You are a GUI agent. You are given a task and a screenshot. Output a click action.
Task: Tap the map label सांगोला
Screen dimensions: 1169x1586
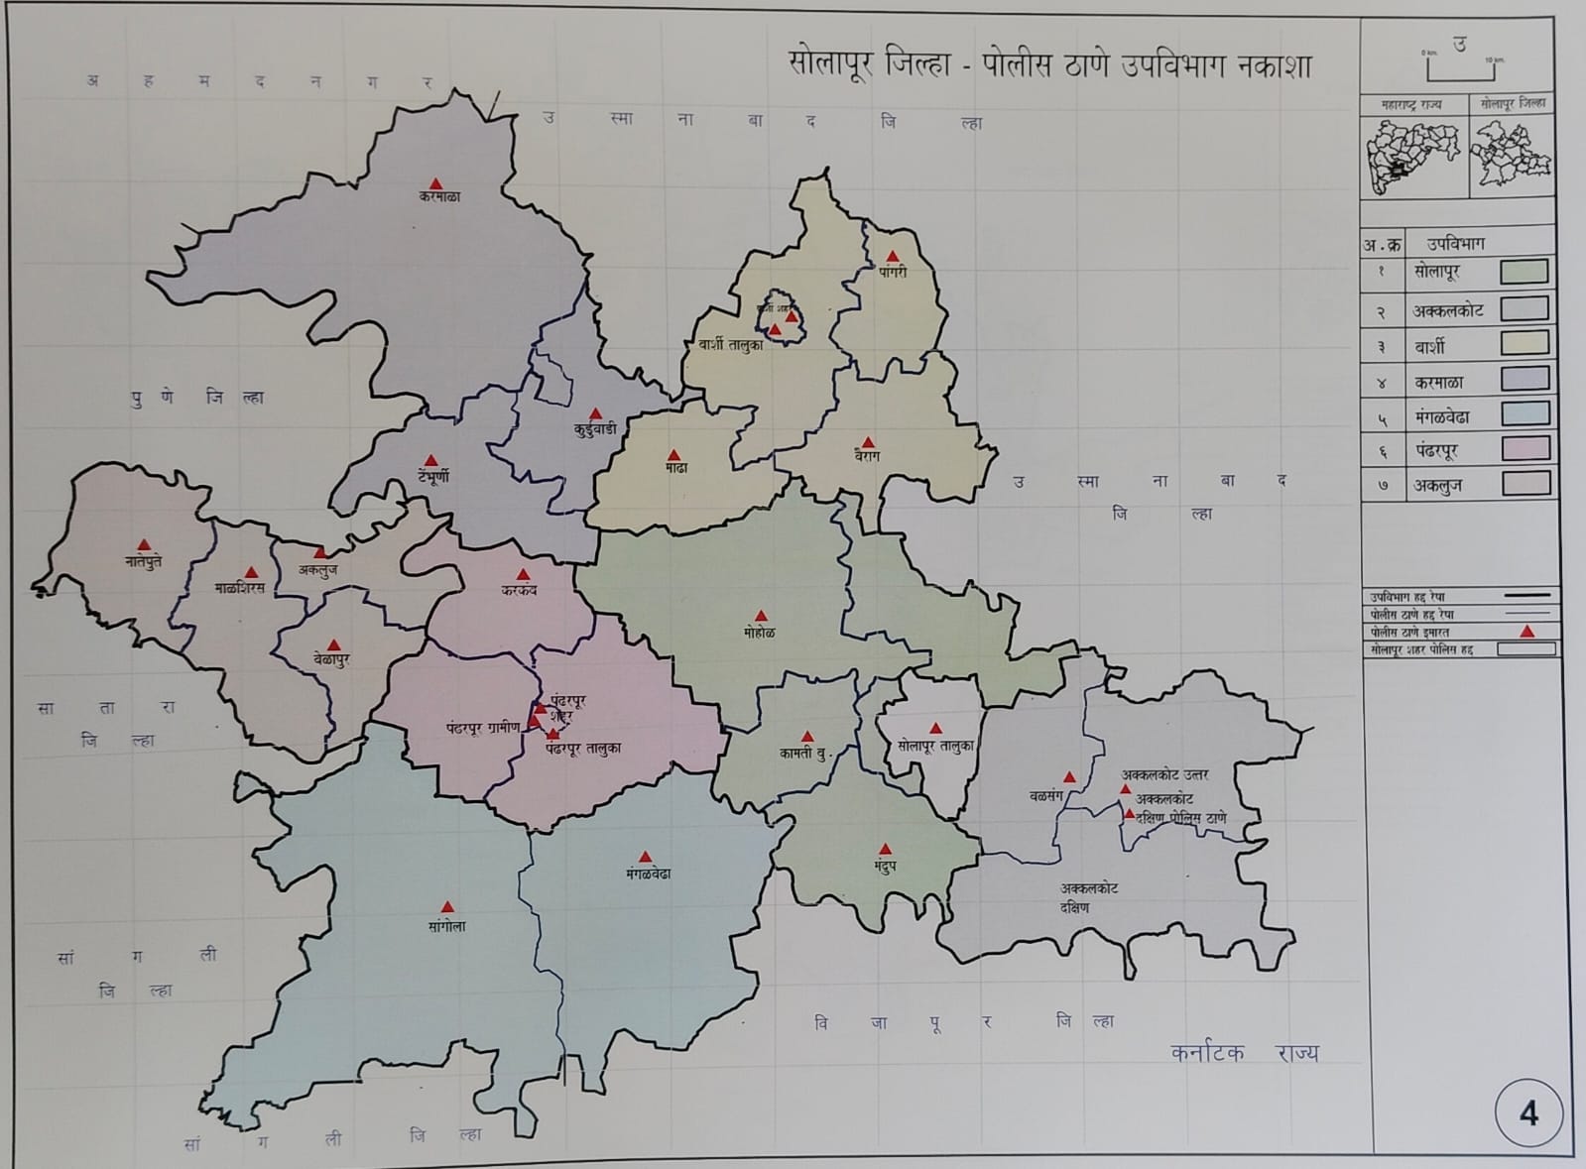(x=447, y=926)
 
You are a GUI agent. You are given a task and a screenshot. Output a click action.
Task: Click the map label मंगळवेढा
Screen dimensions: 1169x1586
(x=649, y=874)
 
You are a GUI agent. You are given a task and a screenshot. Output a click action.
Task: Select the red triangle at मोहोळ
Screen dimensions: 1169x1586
(x=761, y=617)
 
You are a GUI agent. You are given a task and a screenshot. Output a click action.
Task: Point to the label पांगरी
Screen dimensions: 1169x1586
(x=893, y=272)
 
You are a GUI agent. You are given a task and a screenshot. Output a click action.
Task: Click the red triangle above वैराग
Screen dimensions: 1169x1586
(x=869, y=442)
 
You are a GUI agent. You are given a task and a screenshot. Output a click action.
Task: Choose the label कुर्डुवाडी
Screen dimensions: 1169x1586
(x=595, y=429)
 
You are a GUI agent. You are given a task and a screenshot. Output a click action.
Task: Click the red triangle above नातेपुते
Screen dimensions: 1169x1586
(x=144, y=545)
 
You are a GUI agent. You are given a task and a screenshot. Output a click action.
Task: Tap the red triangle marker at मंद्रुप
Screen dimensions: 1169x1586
(x=886, y=850)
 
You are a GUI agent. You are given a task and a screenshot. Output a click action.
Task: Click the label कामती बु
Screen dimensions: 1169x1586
(x=802, y=754)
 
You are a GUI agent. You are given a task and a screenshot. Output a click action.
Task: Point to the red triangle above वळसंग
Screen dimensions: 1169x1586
(x=1069, y=777)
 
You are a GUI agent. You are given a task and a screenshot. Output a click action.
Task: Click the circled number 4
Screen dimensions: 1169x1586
(x=1528, y=1113)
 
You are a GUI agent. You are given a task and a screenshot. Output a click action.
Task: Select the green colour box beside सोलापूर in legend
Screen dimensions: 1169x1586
(x=1524, y=272)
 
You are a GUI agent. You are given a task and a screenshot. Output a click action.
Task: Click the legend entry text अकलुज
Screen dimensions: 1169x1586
(x=1438, y=486)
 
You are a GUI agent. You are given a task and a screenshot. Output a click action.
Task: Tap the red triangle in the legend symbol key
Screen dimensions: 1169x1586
(x=1527, y=632)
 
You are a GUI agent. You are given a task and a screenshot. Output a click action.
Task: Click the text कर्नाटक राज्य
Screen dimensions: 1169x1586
(x=1244, y=1053)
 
